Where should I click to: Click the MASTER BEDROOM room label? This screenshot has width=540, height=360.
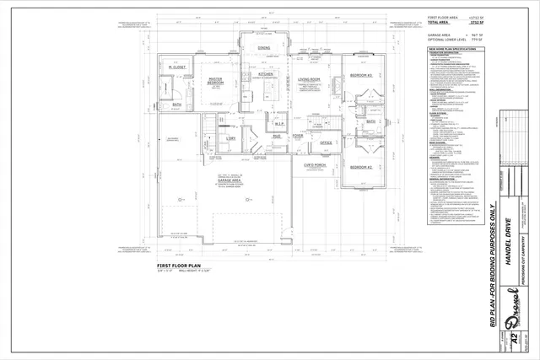point(215,81)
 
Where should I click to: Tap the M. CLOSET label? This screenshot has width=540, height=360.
point(175,67)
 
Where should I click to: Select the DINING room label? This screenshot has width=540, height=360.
point(263,48)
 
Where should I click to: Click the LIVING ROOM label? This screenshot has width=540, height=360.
point(310,80)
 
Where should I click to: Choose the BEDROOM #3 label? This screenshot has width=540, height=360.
point(362,75)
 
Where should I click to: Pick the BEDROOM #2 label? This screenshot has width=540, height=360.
point(362,167)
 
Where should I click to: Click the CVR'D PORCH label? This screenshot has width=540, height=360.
point(315,165)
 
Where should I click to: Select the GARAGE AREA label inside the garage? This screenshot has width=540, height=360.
point(230,180)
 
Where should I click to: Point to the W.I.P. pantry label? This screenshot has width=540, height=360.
point(279,125)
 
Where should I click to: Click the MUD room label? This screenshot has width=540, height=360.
point(276,136)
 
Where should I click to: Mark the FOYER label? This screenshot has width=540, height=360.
point(297,136)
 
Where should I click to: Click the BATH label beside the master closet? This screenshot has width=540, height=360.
point(176,105)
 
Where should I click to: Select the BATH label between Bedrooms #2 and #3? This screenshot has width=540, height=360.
point(370,121)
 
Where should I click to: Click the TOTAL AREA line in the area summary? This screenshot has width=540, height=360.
point(445,21)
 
